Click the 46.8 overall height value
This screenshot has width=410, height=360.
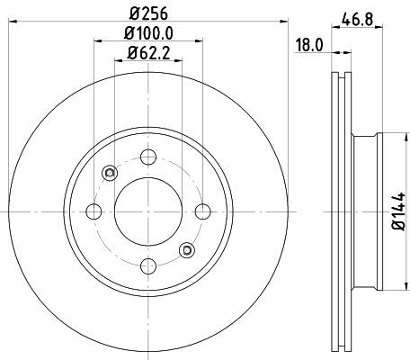click(359, 15)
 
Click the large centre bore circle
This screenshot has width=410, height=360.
click(147, 211)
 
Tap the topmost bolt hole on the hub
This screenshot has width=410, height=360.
click(147, 157)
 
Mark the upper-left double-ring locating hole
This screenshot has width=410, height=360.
click(109, 173)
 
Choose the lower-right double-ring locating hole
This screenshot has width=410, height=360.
click(185, 249)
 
